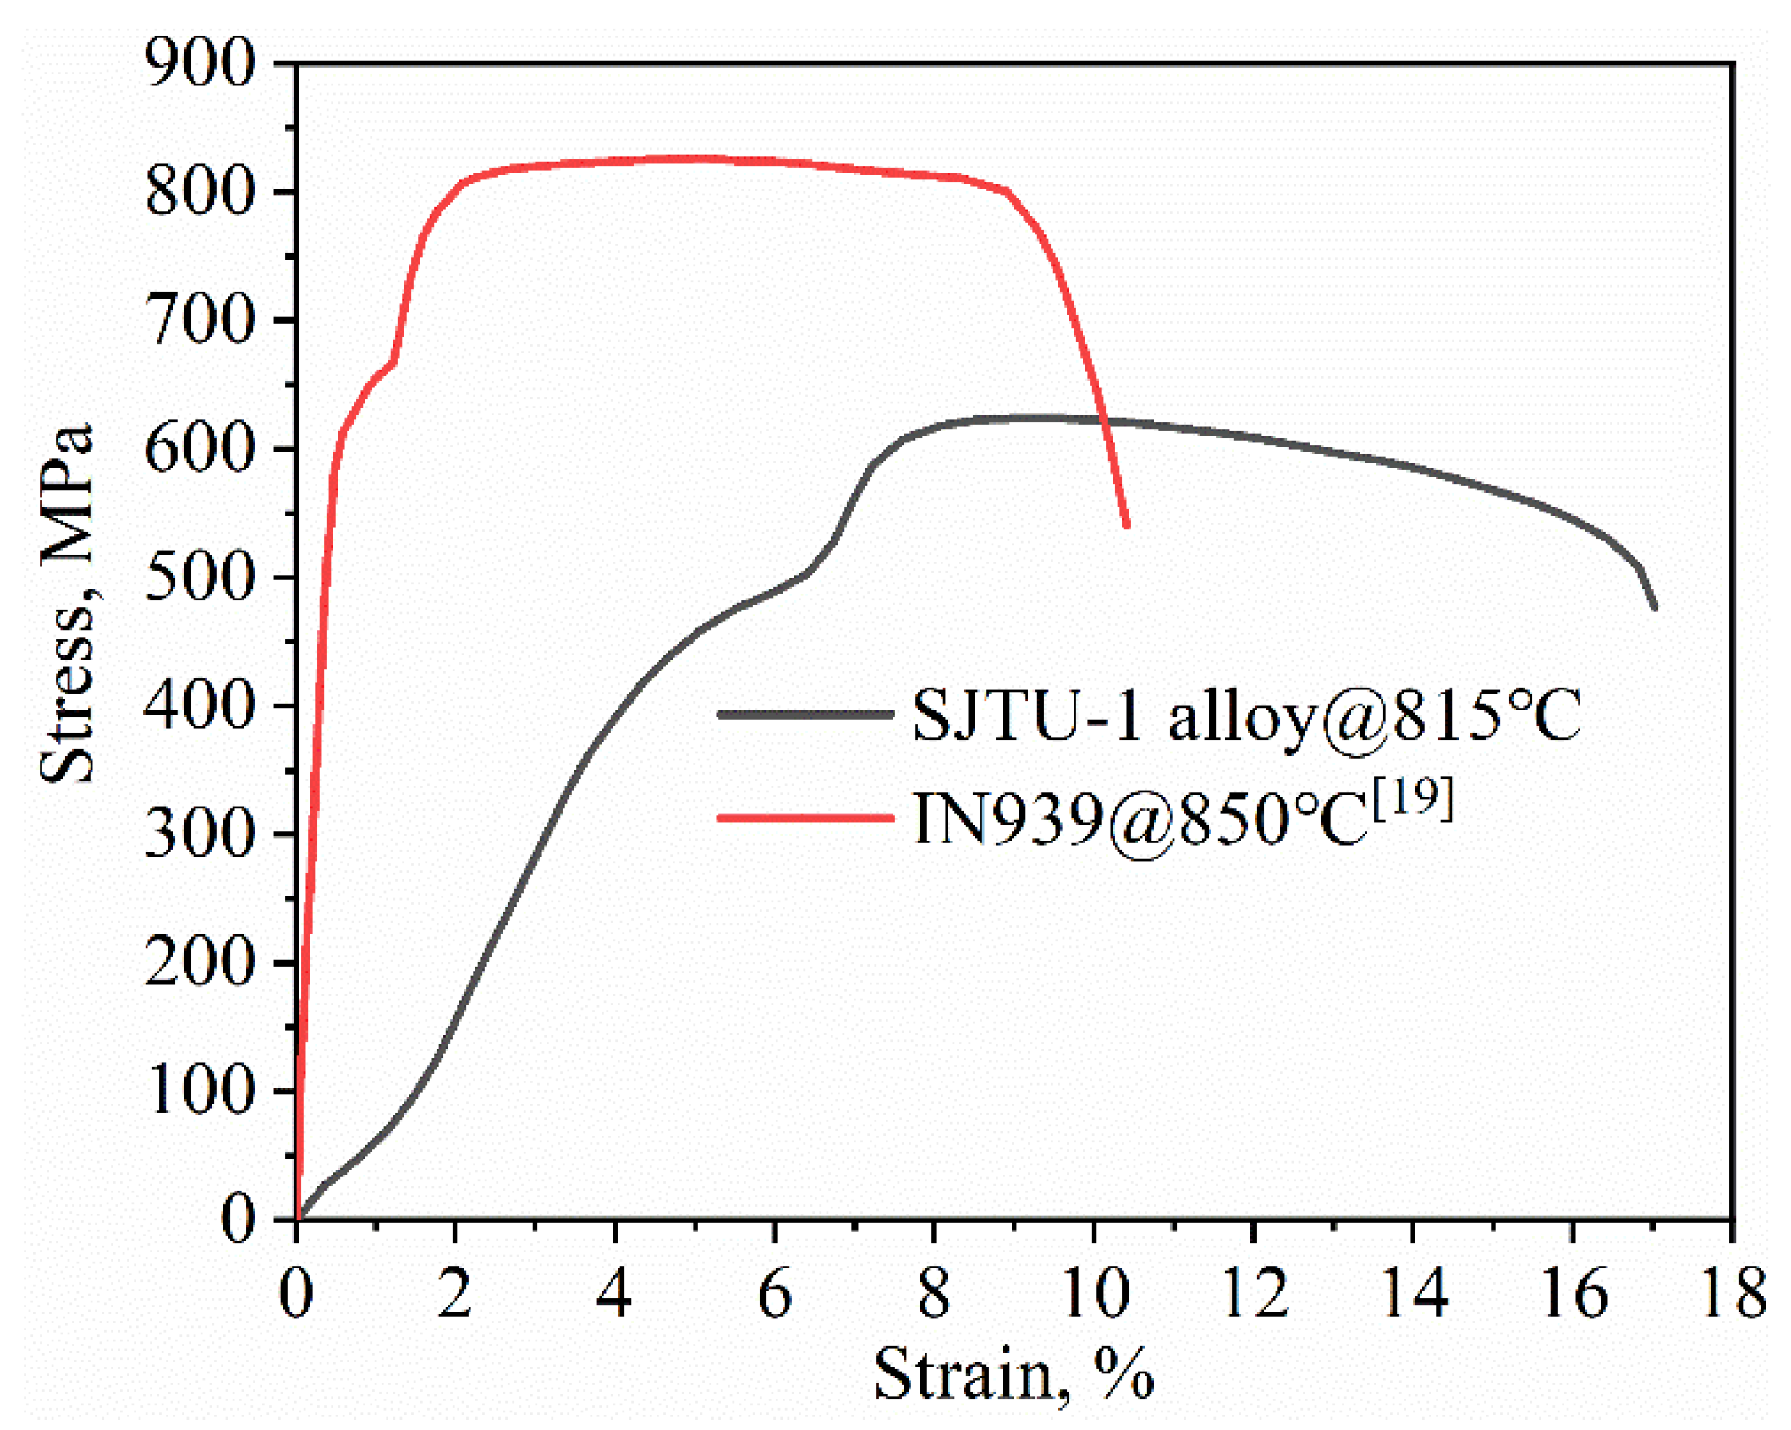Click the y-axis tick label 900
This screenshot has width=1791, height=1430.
(200, 64)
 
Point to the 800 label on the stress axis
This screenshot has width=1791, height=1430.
(200, 192)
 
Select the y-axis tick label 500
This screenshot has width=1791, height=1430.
(200, 578)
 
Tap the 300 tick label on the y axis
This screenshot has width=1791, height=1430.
(200, 835)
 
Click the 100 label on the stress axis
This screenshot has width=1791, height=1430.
(200, 1091)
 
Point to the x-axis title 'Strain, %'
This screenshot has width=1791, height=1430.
(1014, 1376)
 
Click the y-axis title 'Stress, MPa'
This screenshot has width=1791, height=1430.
(68, 604)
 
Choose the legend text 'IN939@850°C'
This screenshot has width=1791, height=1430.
(1139, 819)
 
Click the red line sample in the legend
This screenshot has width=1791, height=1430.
(805, 818)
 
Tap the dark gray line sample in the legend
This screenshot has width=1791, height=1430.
(805, 714)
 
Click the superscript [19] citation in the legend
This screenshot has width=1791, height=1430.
(1412, 798)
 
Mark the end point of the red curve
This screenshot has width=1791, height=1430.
(1127, 526)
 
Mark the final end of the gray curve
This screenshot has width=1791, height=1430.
(1654, 607)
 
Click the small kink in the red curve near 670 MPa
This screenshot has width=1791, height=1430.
(394, 361)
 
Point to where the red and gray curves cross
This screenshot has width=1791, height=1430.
(1103, 420)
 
